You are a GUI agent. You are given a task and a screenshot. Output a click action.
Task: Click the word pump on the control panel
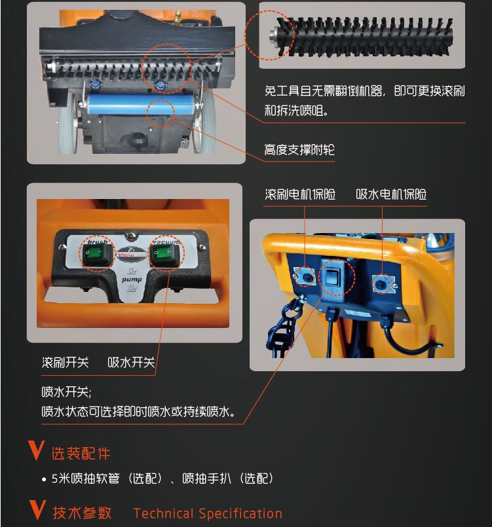[x=132, y=280]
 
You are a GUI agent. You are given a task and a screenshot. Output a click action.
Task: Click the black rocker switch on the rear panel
[x=333, y=276]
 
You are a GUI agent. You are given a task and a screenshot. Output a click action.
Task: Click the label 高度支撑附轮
[x=299, y=150]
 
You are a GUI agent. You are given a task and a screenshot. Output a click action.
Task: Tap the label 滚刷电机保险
[x=300, y=194]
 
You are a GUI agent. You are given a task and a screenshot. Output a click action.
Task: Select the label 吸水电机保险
[x=391, y=194]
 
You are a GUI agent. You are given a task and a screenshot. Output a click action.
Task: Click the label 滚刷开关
[x=66, y=362]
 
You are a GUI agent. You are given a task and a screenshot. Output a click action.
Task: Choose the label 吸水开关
[x=131, y=362]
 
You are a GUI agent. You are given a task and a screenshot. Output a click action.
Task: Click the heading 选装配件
[x=81, y=454]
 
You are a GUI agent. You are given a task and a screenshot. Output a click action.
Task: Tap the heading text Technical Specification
[x=208, y=513]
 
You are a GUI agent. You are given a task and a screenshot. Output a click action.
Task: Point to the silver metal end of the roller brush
[x=273, y=36]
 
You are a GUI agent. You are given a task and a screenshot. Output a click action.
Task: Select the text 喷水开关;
[x=66, y=392]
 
